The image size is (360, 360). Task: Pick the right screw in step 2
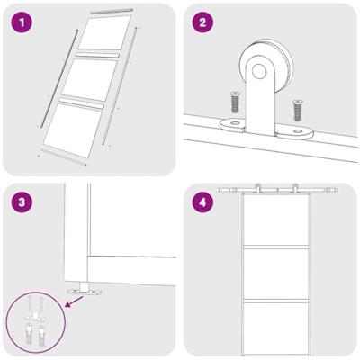(x=297, y=111)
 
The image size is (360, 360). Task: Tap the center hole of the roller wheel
(x=261, y=73)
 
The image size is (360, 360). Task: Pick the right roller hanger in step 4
(x=294, y=190)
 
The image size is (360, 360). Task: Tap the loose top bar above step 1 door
(x=110, y=10)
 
